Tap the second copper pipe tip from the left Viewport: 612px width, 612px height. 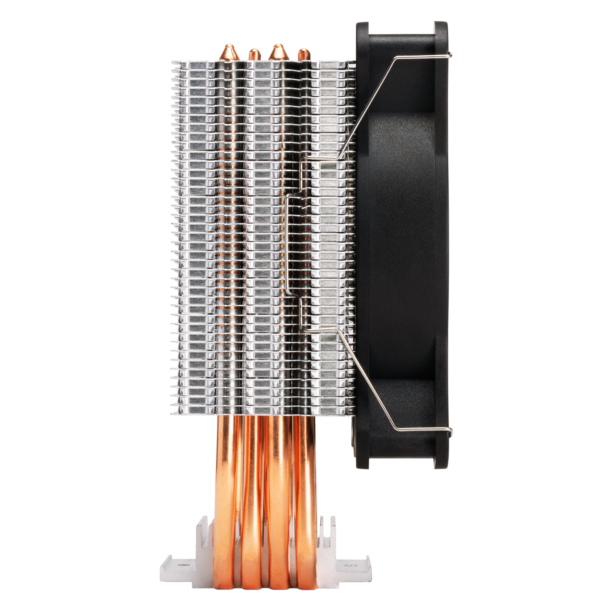tap(254, 55)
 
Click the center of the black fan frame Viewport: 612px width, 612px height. tap(402, 245)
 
